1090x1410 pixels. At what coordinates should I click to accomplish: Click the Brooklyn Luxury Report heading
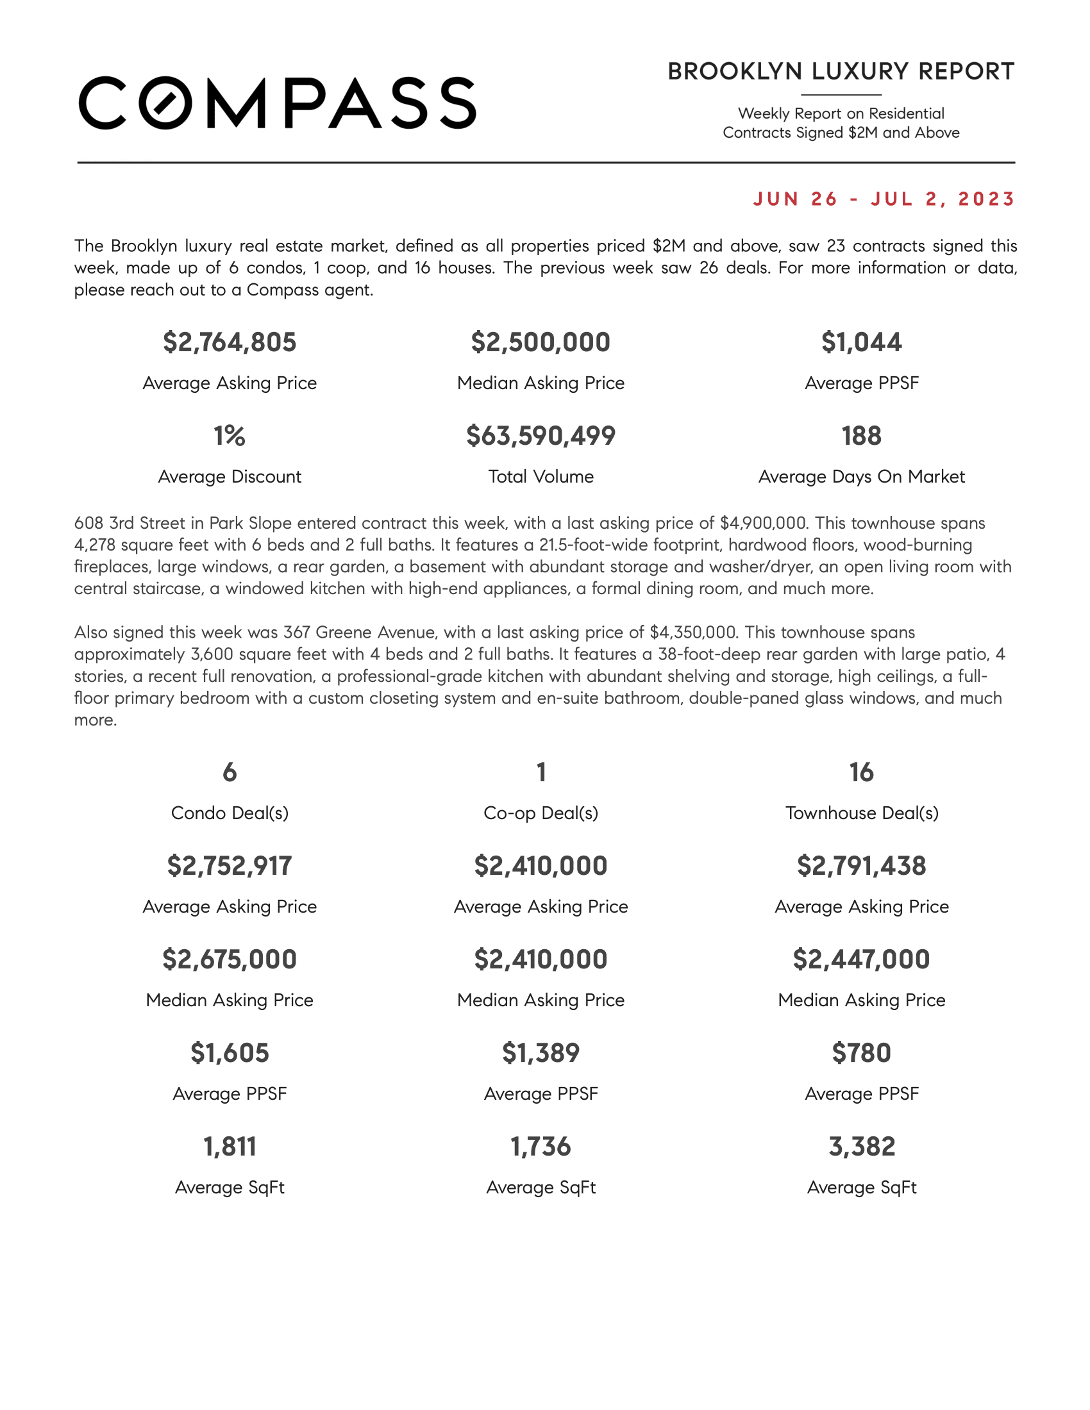click(x=841, y=72)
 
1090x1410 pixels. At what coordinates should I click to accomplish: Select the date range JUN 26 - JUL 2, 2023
click(x=884, y=199)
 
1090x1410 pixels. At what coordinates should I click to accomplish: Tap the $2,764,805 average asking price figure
click(x=230, y=342)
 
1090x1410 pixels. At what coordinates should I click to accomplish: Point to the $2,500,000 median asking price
click(x=541, y=342)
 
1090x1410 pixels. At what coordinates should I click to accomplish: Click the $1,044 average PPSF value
click(x=861, y=342)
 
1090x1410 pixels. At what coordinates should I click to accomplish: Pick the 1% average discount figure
click(x=230, y=436)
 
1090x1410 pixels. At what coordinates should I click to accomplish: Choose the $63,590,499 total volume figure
click(x=541, y=436)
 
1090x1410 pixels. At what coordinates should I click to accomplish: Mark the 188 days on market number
click(x=861, y=436)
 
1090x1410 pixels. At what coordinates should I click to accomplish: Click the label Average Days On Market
click(x=861, y=476)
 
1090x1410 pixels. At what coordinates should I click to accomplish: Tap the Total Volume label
click(x=541, y=476)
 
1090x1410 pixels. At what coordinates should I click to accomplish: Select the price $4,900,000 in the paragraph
click(x=763, y=523)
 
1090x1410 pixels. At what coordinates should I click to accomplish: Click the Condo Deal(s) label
click(x=230, y=813)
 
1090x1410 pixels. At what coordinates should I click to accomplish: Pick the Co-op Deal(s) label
click(x=541, y=813)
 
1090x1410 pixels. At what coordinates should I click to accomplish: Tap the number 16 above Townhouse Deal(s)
click(x=861, y=772)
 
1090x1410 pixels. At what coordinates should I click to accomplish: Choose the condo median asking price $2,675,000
click(x=230, y=959)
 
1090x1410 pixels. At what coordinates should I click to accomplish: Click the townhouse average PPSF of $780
click(x=861, y=1053)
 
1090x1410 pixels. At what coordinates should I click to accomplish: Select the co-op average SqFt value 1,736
click(x=541, y=1147)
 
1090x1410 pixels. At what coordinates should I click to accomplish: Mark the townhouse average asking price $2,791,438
click(x=861, y=866)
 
